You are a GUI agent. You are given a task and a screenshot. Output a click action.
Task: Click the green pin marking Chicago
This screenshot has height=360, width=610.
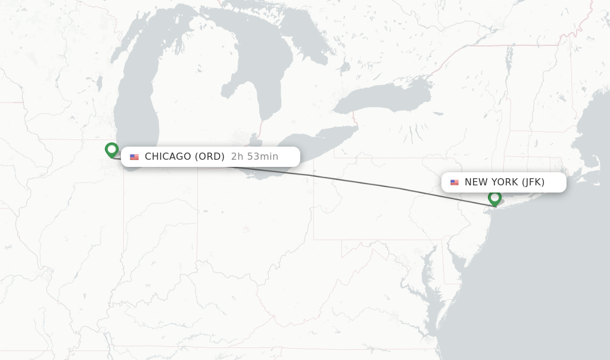(111, 150)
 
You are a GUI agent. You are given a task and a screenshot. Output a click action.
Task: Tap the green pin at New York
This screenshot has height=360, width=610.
(494, 198)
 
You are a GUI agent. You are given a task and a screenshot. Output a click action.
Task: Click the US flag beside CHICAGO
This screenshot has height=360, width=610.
(135, 157)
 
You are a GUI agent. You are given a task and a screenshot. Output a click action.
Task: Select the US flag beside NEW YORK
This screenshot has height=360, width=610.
(455, 182)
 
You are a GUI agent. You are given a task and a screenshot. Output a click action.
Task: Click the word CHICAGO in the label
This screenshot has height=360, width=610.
(168, 157)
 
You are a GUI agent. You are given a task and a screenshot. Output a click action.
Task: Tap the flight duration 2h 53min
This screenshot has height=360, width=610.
(254, 157)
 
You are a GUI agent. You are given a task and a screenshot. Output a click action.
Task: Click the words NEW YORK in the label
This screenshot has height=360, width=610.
(491, 182)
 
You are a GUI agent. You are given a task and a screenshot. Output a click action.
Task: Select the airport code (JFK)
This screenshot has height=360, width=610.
(533, 182)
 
